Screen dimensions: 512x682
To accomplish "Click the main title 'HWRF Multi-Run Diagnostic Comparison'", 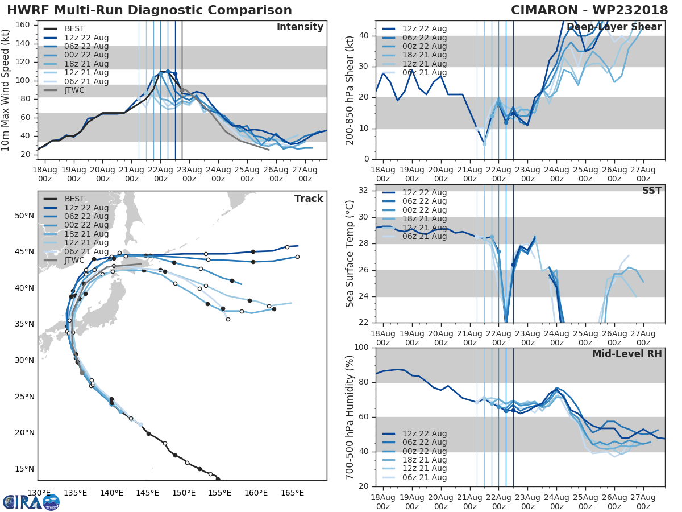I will pos(149,10).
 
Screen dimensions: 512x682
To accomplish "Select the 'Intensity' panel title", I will pos(300,27).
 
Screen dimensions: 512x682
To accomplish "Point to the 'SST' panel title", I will pos(651,191).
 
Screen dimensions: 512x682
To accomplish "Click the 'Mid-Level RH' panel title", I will pos(627,354).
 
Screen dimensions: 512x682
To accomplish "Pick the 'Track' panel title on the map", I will pos(309,199).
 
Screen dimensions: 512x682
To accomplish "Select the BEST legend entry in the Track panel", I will pos(74,199).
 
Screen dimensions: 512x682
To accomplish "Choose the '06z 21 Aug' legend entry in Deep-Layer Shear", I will pos(425,72).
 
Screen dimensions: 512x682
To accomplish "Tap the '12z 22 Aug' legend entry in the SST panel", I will pos(425,192).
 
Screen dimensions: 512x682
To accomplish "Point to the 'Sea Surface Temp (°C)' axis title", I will pos(350,254).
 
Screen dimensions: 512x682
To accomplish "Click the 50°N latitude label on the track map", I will pos(25,216).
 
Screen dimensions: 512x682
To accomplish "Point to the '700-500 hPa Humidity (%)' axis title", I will pos(350,416).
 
